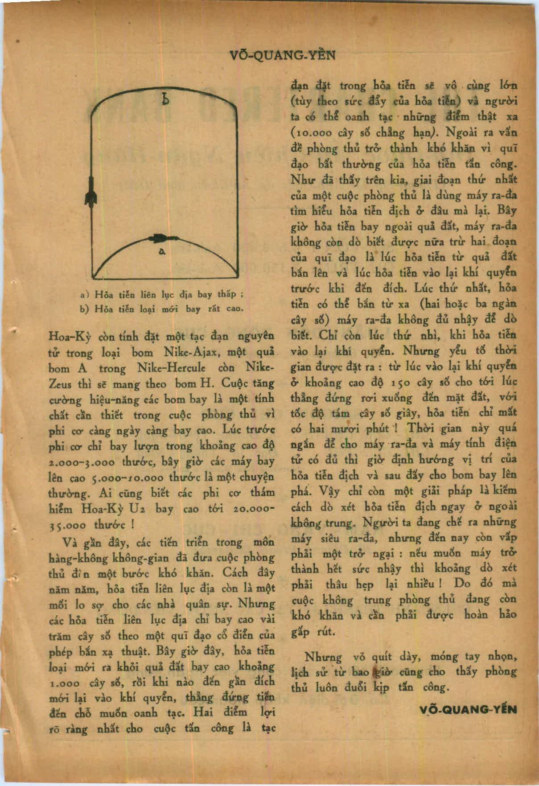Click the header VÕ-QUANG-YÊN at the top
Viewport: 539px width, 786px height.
[282, 55]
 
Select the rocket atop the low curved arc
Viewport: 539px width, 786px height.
[158, 238]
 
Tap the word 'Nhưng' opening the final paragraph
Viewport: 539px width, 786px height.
[323, 657]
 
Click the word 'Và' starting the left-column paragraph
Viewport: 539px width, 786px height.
[71, 543]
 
